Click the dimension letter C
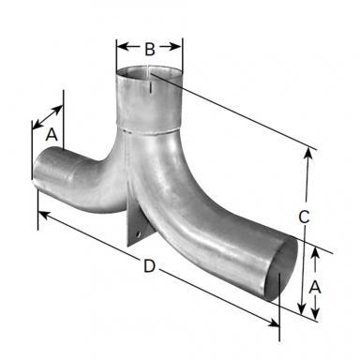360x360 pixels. (304, 216)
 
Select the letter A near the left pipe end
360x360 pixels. (52, 134)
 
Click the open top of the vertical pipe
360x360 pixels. (150, 74)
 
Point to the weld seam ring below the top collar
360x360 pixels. (150, 132)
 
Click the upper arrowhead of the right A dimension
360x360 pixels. (318, 251)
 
